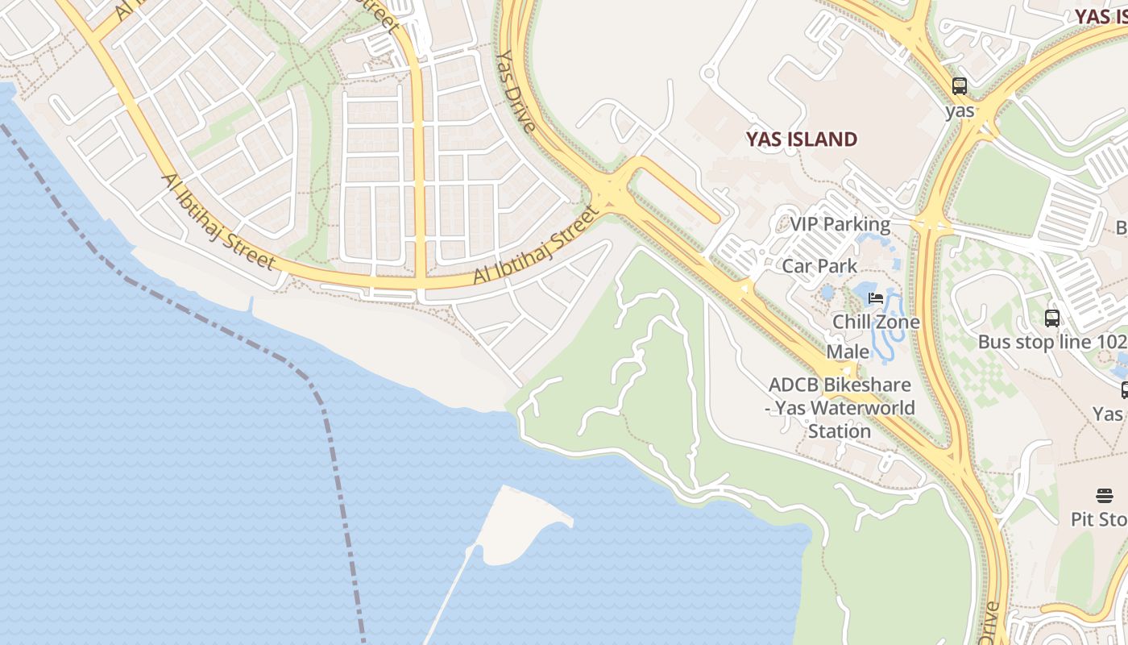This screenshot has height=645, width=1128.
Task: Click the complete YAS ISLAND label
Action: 801,139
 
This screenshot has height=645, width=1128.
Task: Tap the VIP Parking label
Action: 840,225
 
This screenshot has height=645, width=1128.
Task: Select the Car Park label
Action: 819,266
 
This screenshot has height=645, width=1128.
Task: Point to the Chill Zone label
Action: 876,322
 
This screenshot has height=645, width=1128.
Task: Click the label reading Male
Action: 848,352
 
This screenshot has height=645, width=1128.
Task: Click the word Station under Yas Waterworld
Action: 840,431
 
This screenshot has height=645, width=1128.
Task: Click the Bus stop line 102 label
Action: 1051,343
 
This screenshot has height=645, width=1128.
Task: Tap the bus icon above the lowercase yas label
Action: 959,86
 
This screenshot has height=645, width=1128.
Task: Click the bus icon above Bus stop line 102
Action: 1052,318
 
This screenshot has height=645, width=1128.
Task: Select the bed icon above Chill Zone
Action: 876,298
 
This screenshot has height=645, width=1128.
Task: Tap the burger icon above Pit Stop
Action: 1104,495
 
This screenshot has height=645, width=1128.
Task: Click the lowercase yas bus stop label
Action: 960,111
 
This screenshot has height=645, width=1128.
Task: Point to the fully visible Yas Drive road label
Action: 515,91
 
